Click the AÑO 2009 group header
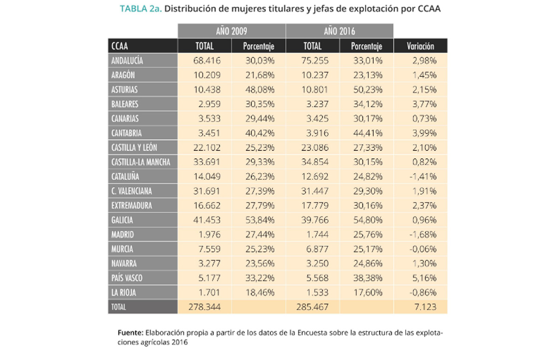click(231, 31)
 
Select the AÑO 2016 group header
click(339, 31)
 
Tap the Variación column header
click(420, 46)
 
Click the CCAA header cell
click(120, 46)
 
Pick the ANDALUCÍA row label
click(127, 61)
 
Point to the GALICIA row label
click(122, 220)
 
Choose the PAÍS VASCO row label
click(127, 278)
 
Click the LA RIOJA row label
click(123, 292)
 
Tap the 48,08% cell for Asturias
click(259, 89)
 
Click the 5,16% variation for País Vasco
click(424, 278)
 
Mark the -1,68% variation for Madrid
click(423, 234)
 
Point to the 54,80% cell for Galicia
click(367, 220)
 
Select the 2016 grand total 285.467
click(313, 307)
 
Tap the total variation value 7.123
click(425, 307)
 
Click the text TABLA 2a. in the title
click(141, 9)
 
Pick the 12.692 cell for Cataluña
click(315, 177)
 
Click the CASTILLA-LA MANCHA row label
click(141, 162)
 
